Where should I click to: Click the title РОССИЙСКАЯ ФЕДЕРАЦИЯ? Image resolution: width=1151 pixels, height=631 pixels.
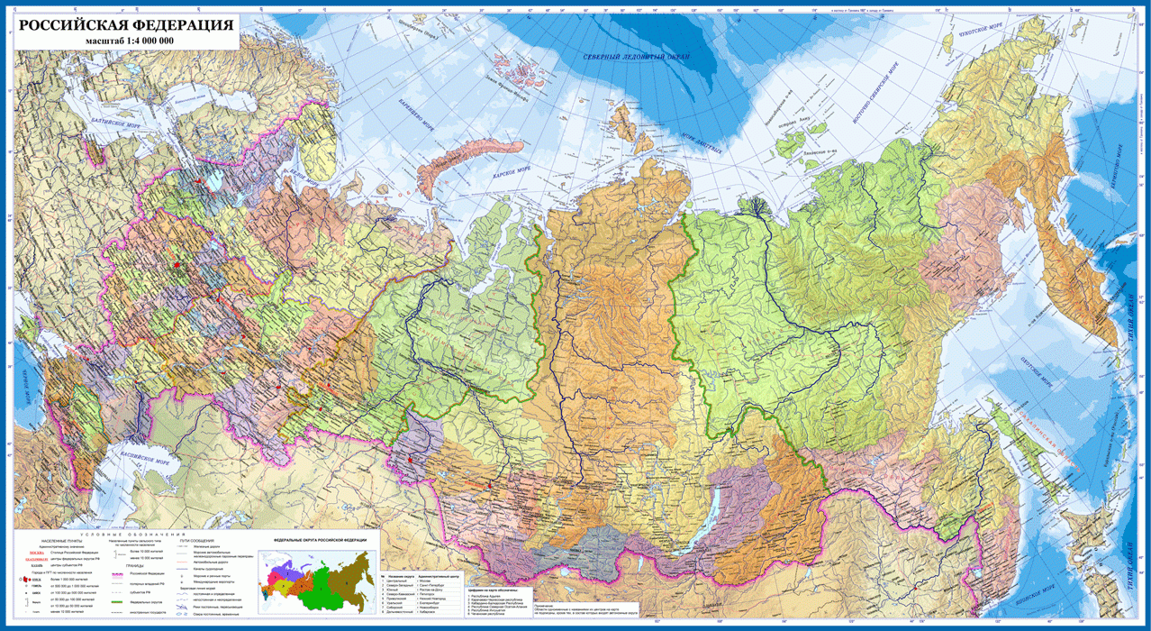[123, 24]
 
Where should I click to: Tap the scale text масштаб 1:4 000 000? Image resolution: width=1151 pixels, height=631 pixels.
[130, 41]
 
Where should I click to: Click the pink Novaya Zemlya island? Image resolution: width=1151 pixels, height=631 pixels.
[468, 163]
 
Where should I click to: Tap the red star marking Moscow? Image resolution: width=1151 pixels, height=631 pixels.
[178, 267]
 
